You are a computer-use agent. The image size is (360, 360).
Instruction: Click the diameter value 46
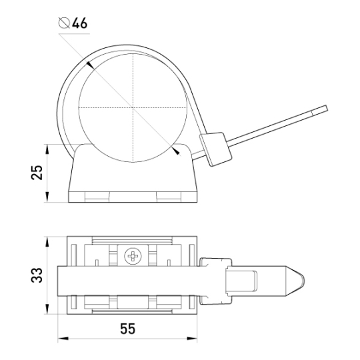click(80, 23)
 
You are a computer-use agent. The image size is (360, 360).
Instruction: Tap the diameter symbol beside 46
click(64, 23)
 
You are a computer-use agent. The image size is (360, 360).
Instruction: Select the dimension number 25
click(37, 173)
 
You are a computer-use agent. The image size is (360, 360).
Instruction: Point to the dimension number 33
click(37, 275)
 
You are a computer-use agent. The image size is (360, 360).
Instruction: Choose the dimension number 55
click(127, 329)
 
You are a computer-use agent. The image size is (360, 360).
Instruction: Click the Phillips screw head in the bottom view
click(133, 255)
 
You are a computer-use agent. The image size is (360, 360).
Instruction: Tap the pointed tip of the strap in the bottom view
click(305, 281)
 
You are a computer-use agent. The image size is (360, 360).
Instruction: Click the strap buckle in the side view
click(215, 149)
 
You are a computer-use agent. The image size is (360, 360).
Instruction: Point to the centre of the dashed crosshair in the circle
click(133, 107)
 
